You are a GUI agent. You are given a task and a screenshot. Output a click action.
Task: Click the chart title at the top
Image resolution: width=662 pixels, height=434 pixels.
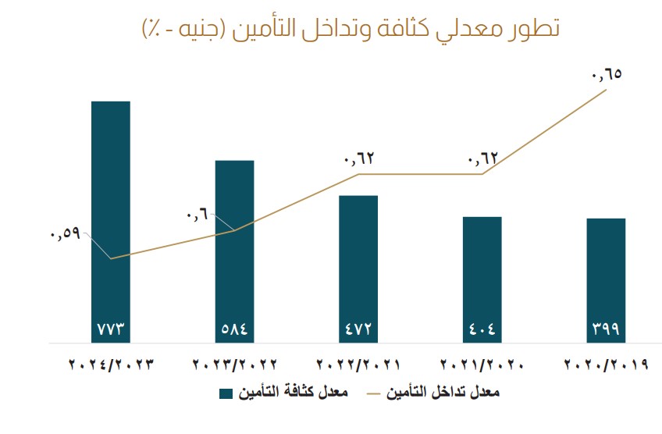350,29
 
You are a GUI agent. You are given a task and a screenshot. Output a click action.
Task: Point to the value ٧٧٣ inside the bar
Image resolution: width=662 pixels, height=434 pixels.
111,329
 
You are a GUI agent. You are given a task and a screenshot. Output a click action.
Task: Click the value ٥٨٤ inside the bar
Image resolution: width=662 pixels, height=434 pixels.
235,329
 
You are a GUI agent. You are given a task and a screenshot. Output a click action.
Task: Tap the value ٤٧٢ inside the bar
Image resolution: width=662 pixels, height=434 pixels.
358,329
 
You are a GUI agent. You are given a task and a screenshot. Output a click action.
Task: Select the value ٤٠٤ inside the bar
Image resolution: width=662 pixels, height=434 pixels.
482,329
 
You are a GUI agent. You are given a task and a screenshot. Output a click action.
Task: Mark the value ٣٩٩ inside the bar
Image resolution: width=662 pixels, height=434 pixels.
606,329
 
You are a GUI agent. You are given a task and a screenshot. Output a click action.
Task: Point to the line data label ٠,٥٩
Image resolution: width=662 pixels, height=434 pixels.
65,233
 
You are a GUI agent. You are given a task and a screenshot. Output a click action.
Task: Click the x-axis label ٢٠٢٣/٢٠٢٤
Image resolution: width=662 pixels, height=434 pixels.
112,365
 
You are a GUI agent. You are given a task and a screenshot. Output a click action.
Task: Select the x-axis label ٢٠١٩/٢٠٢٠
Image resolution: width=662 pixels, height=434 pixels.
606,365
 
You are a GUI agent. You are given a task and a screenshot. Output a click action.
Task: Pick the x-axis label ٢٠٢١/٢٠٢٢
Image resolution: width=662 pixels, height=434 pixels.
358,365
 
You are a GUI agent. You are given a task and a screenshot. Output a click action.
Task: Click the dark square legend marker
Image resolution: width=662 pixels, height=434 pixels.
227,393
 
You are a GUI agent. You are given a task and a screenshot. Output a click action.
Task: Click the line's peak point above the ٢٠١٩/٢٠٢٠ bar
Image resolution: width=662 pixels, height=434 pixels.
606,91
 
